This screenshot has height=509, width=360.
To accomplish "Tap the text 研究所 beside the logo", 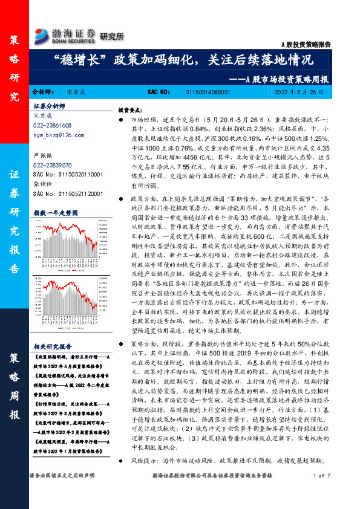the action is coord(111,36).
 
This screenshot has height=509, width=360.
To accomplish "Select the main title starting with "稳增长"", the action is coord(181,60).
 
